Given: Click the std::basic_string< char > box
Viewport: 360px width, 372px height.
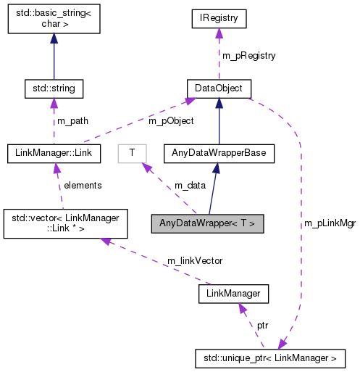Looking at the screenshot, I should coord(54,22).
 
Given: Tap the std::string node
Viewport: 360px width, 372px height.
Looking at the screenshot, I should coord(54,89).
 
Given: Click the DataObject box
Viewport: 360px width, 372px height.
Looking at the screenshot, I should coord(218,89).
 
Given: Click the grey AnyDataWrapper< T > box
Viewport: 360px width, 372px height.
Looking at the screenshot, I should coord(207,223).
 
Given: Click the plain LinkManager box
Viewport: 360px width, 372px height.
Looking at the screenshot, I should coord(233,293).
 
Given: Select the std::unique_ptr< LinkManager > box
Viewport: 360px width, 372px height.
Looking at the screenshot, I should coord(270,357).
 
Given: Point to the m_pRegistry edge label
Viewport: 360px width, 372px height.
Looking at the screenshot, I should coord(248,55).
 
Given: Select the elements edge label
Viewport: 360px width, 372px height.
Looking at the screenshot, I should coord(82,185).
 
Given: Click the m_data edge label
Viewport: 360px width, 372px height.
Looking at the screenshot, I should coord(189,186).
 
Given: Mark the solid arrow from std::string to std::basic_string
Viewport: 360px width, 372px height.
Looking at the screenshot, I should coord(54,58).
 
